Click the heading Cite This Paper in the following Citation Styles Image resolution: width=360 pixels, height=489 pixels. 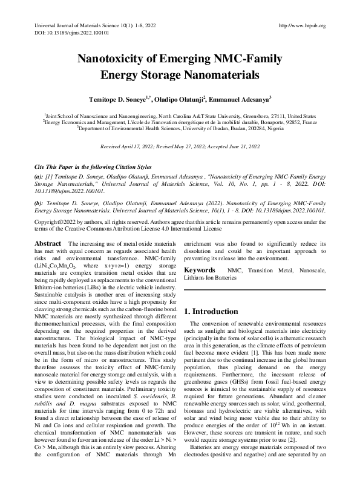[93, 166]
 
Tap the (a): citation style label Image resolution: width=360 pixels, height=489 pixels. [39, 175]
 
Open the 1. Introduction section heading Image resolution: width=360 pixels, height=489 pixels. [212, 311]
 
